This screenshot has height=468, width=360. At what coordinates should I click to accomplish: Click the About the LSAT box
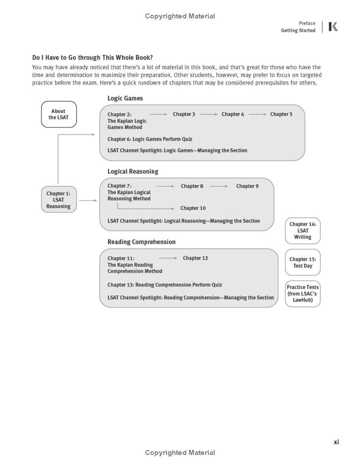pos(59,114)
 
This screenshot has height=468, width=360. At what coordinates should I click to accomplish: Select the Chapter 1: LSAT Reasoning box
pos(58,200)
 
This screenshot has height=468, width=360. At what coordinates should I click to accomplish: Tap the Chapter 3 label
pos(184,114)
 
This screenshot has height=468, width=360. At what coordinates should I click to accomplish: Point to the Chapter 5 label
pos(281,114)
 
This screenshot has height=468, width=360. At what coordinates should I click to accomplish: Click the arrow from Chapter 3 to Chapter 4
pos(208,114)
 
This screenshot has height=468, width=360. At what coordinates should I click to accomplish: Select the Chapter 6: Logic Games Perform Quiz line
pos(150,139)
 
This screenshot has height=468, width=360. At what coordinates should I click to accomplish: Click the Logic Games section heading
pos(125,98)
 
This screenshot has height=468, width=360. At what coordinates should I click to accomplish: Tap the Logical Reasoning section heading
pos(133,171)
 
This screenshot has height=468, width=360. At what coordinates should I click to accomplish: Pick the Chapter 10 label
pos(193,208)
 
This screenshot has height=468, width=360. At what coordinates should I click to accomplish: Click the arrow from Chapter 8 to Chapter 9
pos(219,186)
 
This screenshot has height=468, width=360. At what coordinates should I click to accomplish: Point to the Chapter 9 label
pos(247,186)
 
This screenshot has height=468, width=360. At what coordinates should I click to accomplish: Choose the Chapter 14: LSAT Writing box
pos(303,231)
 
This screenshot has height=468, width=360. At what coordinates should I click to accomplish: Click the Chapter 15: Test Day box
pos(303,263)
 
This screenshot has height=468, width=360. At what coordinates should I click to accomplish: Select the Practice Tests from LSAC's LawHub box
pos(303,294)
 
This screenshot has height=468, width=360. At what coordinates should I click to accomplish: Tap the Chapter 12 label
pos(195,258)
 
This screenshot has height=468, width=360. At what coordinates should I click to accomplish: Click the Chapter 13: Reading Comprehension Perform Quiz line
pos(165,285)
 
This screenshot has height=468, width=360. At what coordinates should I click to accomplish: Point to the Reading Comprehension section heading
pos(141,242)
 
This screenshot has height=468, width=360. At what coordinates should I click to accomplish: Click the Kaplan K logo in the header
pos(333,27)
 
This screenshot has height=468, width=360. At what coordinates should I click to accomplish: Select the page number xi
pos(336,442)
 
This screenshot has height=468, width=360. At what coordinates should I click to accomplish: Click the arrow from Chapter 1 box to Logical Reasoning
pos(88,201)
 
